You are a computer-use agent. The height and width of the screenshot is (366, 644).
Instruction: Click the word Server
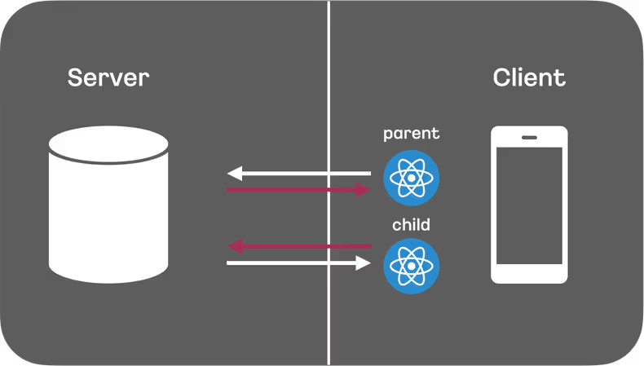point(108,78)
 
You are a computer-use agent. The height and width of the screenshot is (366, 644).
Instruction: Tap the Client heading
point(529,78)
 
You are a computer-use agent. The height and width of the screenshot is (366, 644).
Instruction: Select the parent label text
point(412,133)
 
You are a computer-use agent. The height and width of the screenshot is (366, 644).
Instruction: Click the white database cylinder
point(108,212)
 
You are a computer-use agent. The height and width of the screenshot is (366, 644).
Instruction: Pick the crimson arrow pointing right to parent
point(298,190)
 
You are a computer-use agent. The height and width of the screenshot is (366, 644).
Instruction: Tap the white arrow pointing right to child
point(298,263)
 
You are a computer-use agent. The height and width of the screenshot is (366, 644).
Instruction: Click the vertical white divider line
point(329,82)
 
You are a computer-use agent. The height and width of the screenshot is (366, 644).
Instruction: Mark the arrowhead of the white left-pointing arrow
point(234,173)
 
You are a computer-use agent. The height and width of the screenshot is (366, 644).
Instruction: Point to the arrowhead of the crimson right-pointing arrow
point(364,190)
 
